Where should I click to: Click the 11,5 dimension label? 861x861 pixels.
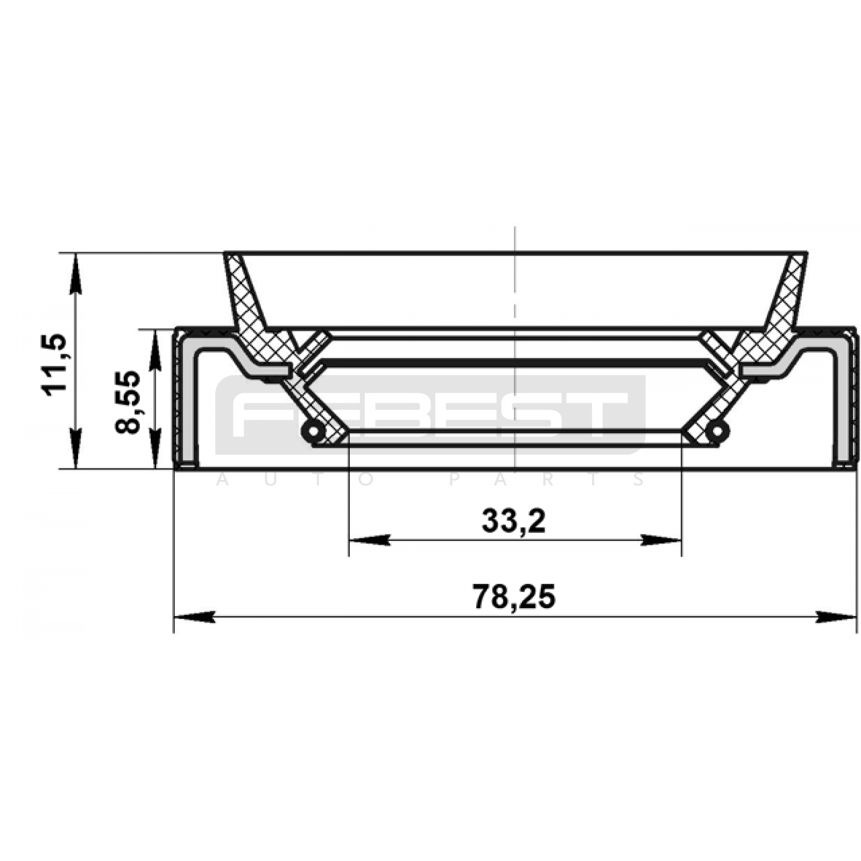pos(55,365)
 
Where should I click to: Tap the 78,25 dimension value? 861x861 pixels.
pos(514,597)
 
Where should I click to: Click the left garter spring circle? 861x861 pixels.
pos(313,430)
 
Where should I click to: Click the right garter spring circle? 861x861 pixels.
pos(718,430)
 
